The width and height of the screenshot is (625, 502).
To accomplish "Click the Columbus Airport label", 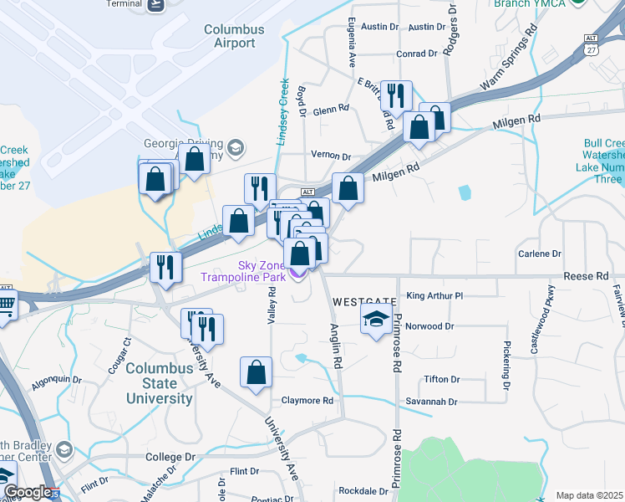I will pyautogui.click(x=234, y=36).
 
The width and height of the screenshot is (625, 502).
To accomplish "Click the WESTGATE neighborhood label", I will pyautogui.click(x=364, y=300).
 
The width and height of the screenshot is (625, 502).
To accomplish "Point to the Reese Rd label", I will pyautogui.click(x=586, y=276).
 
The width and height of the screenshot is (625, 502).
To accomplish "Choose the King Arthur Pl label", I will pyautogui.click(x=434, y=295).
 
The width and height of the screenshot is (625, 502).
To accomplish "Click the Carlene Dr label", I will pyautogui.click(x=539, y=254).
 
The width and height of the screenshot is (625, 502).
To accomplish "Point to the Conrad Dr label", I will pyautogui.click(x=417, y=54).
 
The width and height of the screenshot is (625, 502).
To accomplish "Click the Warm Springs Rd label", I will pyautogui.click(x=507, y=63).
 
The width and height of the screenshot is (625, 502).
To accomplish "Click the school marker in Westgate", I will pyautogui.click(x=376, y=319).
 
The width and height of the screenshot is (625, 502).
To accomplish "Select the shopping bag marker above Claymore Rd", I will pyautogui.click(x=256, y=372).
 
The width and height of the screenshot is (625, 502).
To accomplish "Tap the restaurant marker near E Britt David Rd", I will pyautogui.click(x=395, y=95).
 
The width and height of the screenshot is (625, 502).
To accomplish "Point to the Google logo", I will pyautogui.click(x=27, y=492).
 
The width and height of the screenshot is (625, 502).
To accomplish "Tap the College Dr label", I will pyautogui.click(x=170, y=458).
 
